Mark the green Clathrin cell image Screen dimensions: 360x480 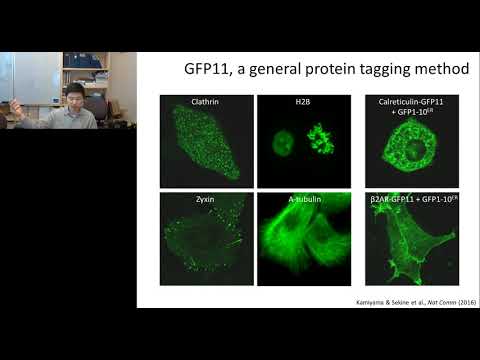click(x=205, y=145)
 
